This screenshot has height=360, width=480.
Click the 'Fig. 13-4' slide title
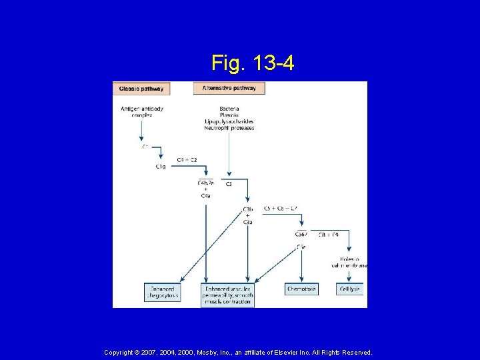pyautogui.click(x=253, y=63)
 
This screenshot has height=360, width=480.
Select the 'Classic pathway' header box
pyautogui.click(x=141, y=89)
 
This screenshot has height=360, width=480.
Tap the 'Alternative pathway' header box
pyautogui.click(x=229, y=88)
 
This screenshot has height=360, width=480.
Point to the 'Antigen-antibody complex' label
pyautogui.click(x=142, y=111)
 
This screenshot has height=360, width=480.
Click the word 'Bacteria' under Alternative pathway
pyautogui.click(x=229, y=108)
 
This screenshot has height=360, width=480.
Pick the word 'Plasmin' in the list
pyautogui.click(x=229, y=115)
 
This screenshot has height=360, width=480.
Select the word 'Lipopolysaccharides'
pyautogui.click(x=229, y=121)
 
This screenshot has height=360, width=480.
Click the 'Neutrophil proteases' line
pyautogui.click(x=229, y=128)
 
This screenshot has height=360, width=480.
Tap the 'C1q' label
pyautogui.click(x=161, y=167)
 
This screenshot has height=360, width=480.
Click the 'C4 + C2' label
pyautogui.click(x=187, y=159)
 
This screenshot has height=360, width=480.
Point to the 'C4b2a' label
pyautogui.click(x=205, y=183)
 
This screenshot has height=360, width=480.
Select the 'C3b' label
pyautogui.click(x=247, y=209)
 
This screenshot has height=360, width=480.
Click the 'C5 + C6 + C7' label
pyautogui.click(x=280, y=208)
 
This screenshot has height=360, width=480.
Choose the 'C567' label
pyautogui.click(x=301, y=234)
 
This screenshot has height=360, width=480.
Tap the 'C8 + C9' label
pyautogui.click(x=329, y=234)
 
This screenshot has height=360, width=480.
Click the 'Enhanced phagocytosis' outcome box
pyautogui.click(x=162, y=292)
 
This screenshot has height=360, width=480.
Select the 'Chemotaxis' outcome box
pyautogui.click(x=302, y=289)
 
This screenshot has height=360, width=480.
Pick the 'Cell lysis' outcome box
pyautogui.click(x=349, y=289)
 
